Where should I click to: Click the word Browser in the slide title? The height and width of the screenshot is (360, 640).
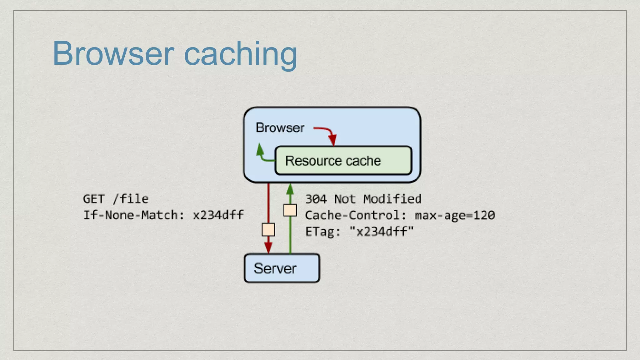pos(113,53)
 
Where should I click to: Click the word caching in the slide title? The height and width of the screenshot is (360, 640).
pos(240,55)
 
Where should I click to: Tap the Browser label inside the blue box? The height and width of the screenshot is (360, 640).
pos(280,127)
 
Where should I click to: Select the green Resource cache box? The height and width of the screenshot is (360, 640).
pos(343,160)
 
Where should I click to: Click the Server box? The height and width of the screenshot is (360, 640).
pos(282,268)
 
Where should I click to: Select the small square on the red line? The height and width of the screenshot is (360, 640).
pos(268,229)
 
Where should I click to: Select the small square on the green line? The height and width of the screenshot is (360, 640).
pos(290,210)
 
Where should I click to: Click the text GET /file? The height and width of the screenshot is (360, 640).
pos(116,199)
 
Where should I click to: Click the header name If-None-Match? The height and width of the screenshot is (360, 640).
pos(131,215)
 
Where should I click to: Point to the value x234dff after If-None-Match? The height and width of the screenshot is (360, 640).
pos(218,215)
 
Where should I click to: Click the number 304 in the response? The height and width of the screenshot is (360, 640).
pos(316,199)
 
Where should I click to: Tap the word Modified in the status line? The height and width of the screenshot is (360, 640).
pos(392,199)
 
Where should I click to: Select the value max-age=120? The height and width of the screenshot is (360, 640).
pos(455,215)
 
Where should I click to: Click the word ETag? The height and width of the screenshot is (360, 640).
pos(319,232)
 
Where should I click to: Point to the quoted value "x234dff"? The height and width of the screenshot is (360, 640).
pos(382,232)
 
